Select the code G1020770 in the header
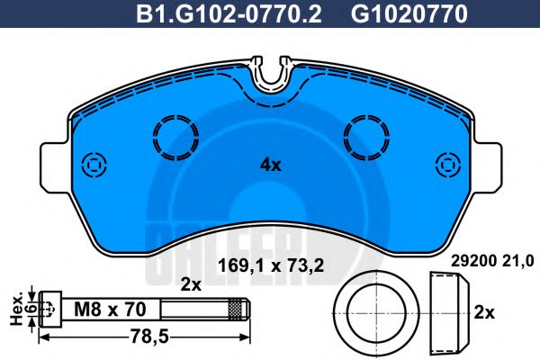(x=397, y=14)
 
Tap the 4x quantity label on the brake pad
(x=270, y=165)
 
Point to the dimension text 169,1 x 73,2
(x=270, y=265)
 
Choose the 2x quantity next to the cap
(x=484, y=312)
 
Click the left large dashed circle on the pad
(x=175, y=138)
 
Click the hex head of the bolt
(x=50, y=309)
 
